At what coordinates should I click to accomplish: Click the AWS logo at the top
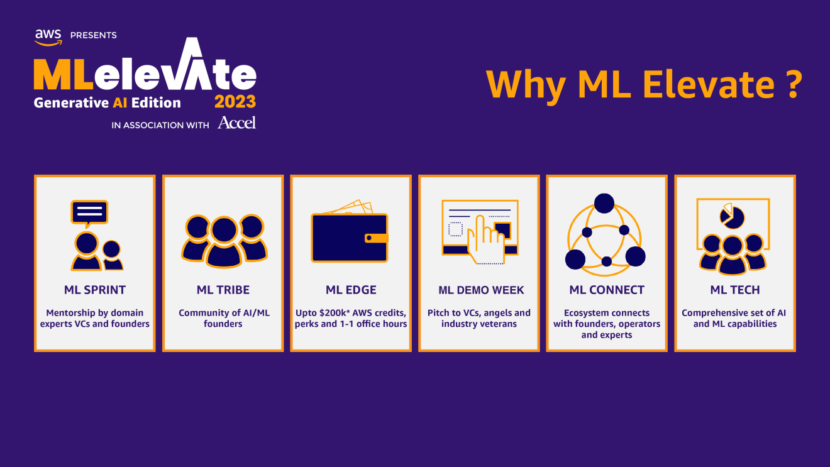click(x=48, y=38)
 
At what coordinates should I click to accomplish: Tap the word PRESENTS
click(x=93, y=35)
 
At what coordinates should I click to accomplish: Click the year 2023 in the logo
click(x=235, y=101)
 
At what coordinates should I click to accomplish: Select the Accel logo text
click(x=237, y=123)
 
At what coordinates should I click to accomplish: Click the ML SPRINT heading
click(x=95, y=290)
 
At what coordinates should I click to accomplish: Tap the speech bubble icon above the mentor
click(x=89, y=213)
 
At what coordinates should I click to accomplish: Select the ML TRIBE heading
click(x=223, y=290)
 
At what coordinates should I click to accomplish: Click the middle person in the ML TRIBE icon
click(x=224, y=242)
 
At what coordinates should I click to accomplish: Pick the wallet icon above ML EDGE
click(x=350, y=231)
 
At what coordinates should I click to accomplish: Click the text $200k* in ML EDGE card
click(x=335, y=313)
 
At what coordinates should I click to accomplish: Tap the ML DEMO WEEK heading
click(x=481, y=290)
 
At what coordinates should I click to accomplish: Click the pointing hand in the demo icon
click(x=485, y=241)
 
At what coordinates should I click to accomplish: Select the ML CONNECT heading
click(x=607, y=290)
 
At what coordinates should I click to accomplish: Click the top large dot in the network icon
click(x=604, y=203)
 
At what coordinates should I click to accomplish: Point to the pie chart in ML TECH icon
click(x=732, y=216)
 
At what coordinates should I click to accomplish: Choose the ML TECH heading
click(x=735, y=290)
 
